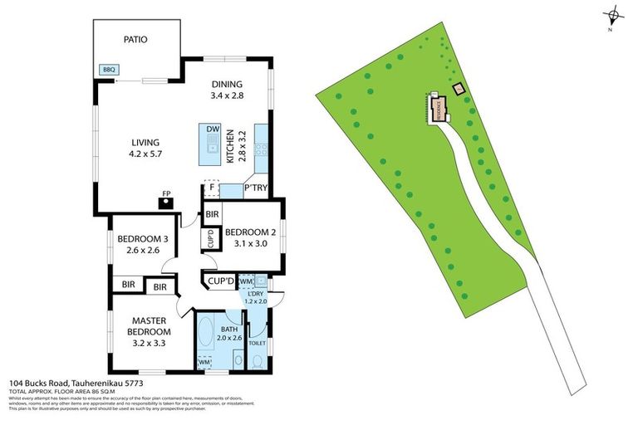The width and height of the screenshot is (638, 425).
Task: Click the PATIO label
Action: [x=136, y=39]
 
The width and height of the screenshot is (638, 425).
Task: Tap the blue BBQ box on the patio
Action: [x=109, y=70]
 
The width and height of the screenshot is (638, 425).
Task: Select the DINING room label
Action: [x=227, y=84]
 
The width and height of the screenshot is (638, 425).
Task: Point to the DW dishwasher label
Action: [x=213, y=129]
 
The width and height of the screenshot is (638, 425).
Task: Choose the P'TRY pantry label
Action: [x=254, y=190]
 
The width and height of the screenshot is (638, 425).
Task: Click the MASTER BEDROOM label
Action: [x=149, y=326]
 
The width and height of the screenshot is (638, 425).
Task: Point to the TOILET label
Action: [x=257, y=343]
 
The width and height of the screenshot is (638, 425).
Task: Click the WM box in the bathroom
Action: [x=204, y=362]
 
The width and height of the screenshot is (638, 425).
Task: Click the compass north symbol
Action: [x=613, y=15]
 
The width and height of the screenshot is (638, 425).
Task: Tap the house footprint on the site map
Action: [x=438, y=109]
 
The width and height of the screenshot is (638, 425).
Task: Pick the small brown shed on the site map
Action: [x=456, y=88]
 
